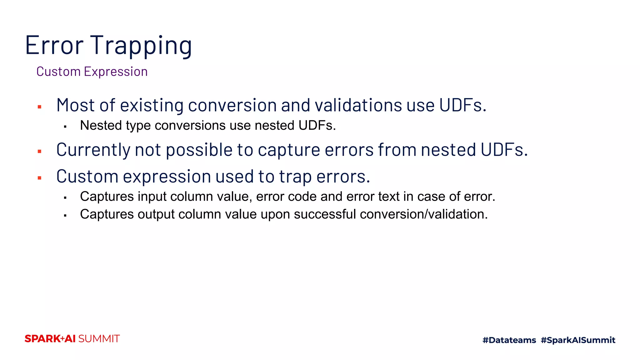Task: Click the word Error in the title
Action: [x=54, y=46]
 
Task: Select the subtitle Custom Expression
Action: [x=92, y=72]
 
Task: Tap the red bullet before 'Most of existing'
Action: [x=40, y=107]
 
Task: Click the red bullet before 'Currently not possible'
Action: [x=40, y=152]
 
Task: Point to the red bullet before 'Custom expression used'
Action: [x=40, y=178]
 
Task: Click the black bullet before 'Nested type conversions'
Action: [x=65, y=127]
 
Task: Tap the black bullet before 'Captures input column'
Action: [x=65, y=198]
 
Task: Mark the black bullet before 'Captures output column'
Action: [x=65, y=216]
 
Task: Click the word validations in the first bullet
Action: [x=358, y=105]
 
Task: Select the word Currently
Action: [x=93, y=150]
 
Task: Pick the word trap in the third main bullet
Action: [x=295, y=177]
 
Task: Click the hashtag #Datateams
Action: [x=509, y=340]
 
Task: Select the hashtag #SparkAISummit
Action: [x=578, y=340]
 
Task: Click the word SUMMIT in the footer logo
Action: [x=99, y=339]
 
